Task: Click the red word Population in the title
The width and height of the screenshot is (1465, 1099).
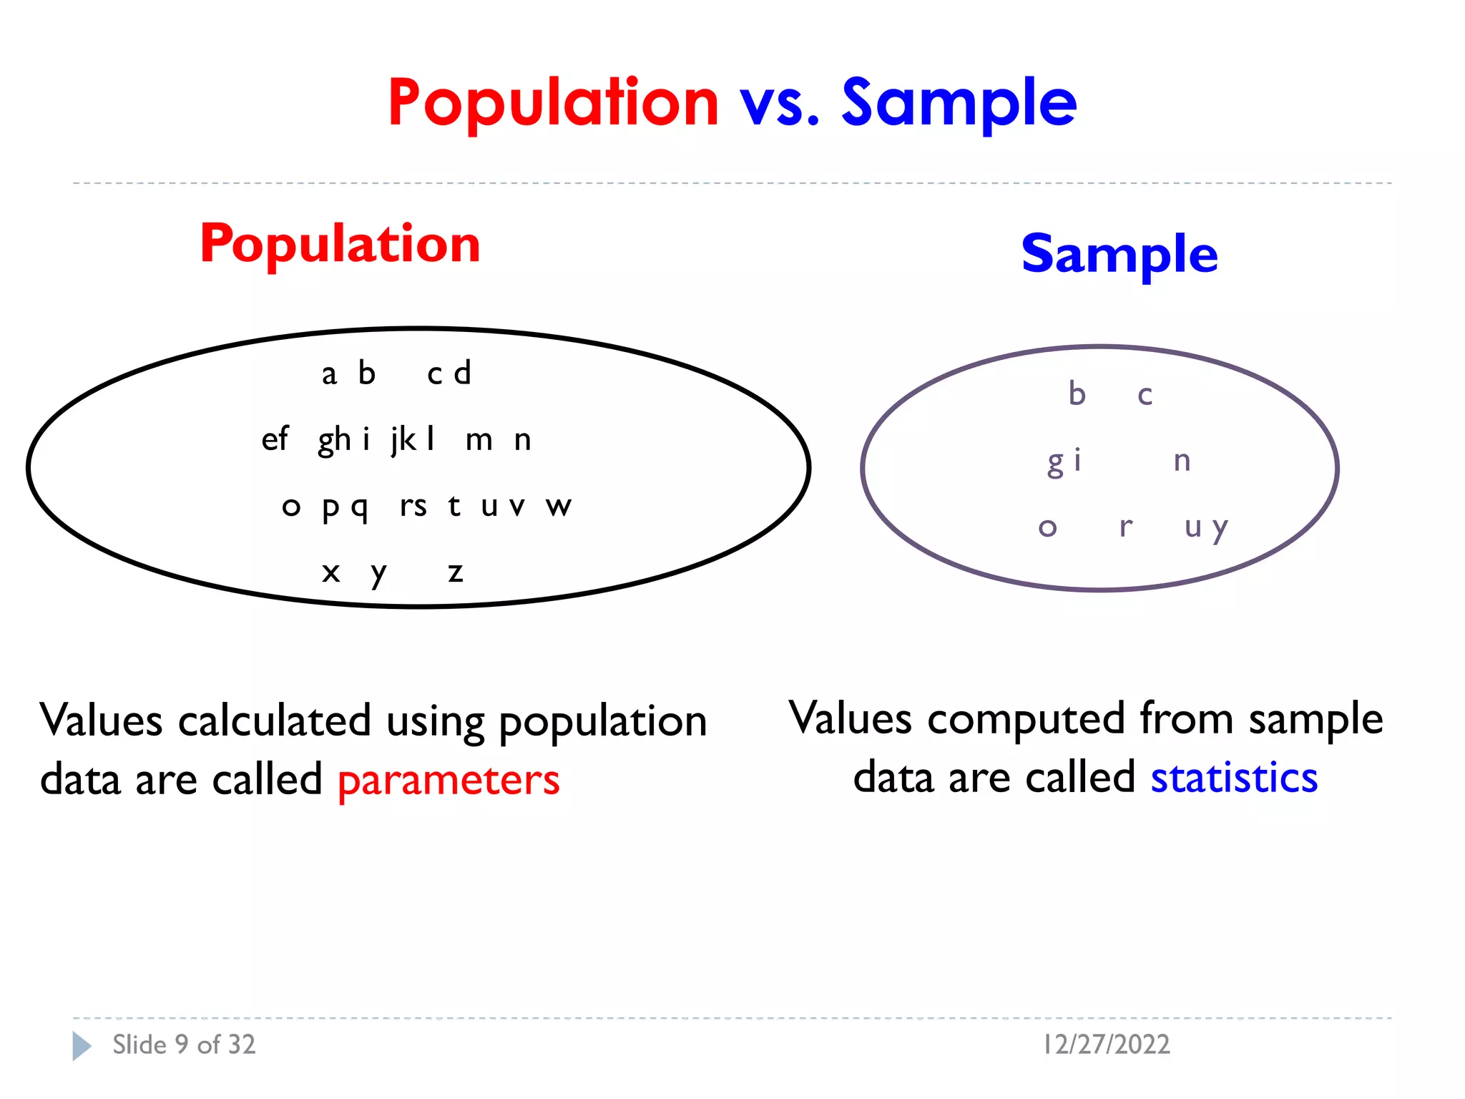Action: point(553,103)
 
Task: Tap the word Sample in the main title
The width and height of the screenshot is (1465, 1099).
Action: point(959,103)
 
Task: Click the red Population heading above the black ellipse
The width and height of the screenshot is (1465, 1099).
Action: point(340,245)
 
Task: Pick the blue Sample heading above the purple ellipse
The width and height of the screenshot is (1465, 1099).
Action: point(1119,255)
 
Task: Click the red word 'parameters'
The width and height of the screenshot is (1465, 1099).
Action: point(449,781)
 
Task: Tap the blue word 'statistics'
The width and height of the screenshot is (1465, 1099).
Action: point(1234,778)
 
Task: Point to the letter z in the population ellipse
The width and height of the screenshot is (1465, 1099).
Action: point(456,572)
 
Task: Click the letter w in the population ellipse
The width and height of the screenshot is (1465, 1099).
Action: point(559,507)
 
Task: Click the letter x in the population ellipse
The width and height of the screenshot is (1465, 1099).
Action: point(330,572)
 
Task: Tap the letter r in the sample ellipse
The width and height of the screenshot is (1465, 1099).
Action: point(1126,528)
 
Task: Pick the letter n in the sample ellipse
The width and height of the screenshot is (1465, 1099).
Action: point(1182,461)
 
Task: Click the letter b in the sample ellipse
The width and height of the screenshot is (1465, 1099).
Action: point(1077,394)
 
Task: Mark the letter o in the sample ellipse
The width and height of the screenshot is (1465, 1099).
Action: point(1048,528)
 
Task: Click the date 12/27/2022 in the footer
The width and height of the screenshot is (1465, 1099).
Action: point(1107,1045)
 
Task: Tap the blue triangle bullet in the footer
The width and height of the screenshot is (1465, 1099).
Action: point(82,1046)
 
